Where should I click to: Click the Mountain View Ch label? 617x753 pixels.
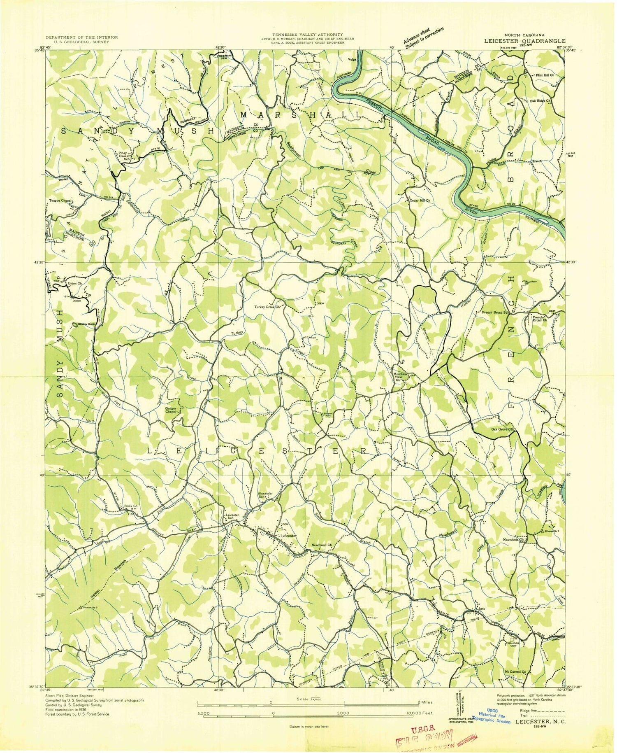pyautogui.click(x=400, y=377)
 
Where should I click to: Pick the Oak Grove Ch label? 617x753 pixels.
pyautogui.click(x=502, y=429)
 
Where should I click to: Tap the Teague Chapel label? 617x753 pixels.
pyautogui.click(x=60, y=200)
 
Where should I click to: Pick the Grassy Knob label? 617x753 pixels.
pyautogui.click(x=86, y=324)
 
